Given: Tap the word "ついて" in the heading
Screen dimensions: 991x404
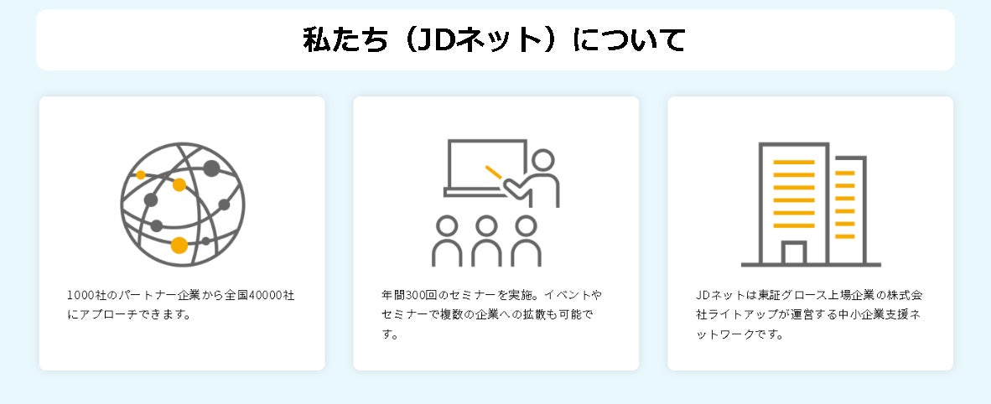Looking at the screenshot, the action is click(x=643, y=40).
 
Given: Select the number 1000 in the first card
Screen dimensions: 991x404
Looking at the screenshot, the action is click(x=80, y=296).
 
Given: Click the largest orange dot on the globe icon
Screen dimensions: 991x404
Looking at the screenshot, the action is click(x=179, y=245).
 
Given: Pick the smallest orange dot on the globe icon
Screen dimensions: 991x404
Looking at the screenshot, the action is click(x=141, y=174).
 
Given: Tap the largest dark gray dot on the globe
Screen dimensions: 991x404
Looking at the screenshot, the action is click(x=211, y=168).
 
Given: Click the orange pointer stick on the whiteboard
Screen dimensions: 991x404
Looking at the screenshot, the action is click(x=494, y=173).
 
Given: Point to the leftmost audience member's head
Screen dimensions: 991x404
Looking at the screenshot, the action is click(x=448, y=225).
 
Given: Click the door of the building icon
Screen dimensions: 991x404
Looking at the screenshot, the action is click(x=793, y=252).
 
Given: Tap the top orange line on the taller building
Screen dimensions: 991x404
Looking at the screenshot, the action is click(x=793, y=162).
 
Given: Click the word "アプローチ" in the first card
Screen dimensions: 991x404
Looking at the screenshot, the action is click(x=108, y=315).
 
